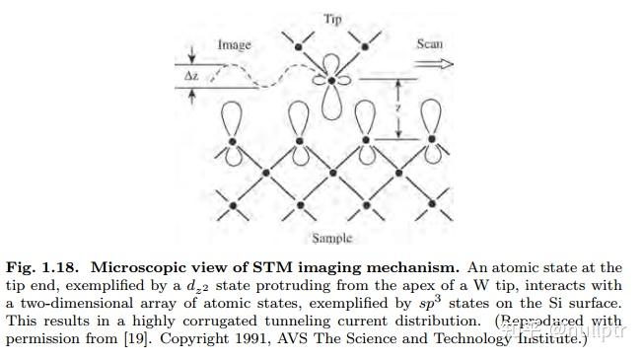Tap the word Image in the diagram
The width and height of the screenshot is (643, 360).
(234, 44)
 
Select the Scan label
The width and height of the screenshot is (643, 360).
(430, 43)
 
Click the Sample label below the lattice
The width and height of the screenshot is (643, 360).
(331, 238)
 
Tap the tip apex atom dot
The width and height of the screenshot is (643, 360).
(332, 79)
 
